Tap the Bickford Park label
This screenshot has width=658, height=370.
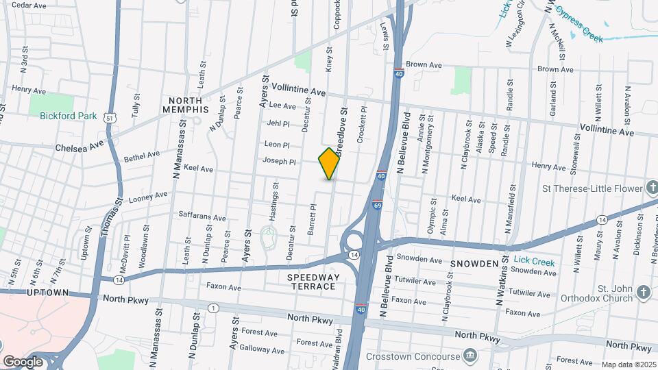tap(68, 116)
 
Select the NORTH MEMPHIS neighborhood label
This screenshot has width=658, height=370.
tap(186, 105)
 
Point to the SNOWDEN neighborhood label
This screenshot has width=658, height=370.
tap(474, 264)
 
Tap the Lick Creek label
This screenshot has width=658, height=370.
tap(535, 262)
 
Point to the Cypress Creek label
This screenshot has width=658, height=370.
tap(580, 25)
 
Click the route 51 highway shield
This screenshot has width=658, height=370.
tap(110, 118)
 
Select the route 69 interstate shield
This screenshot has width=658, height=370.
tap(377, 203)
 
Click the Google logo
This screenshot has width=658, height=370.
tap(23, 361)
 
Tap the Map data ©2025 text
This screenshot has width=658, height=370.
tap(628, 365)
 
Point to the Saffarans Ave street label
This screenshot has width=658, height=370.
tap(202, 217)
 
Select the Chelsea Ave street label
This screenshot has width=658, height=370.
tap(79, 147)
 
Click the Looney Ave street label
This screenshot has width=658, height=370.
tap(148, 195)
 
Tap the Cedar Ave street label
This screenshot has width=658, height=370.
tap(29, 5)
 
